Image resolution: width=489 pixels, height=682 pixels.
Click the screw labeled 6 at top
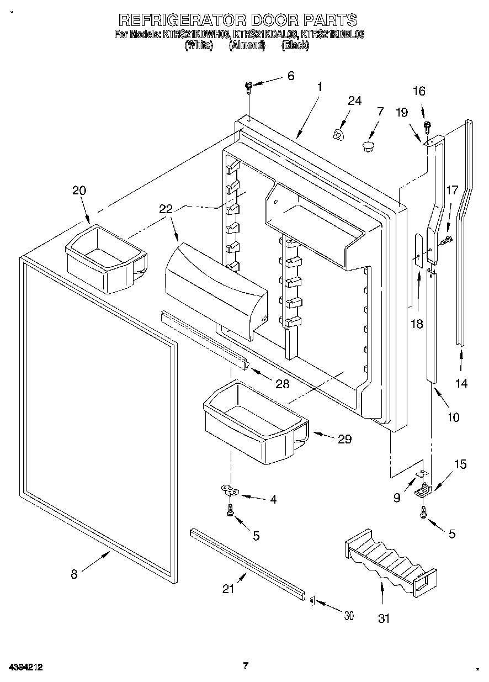(x=248, y=86)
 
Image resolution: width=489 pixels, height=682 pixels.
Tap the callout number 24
(x=354, y=101)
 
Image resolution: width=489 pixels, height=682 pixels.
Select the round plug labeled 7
(x=368, y=146)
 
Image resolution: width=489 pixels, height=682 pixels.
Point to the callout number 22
(x=166, y=209)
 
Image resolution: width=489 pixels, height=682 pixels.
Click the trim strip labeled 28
(x=204, y=341)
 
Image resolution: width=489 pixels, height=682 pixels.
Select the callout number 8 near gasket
(x=74, y=574)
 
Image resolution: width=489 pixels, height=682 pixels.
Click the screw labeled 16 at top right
(x=427, y=126)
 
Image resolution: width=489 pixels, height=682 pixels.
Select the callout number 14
(x=461, y=383)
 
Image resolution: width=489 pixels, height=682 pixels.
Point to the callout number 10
(x=453, y=417)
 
